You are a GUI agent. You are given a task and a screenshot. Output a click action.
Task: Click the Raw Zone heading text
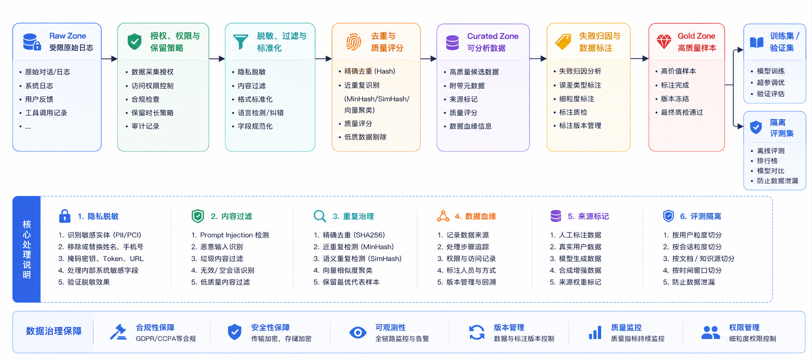click(x=67, y=36)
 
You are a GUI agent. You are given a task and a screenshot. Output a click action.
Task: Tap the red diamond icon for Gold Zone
click(x=664, y=42)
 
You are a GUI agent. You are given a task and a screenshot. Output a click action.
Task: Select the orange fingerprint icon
click(x=353, y=42)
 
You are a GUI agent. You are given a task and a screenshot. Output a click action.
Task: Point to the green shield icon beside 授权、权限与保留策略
click(x=134, y=42)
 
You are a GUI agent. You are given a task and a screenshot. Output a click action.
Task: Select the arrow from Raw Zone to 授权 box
click(x=109, y=59)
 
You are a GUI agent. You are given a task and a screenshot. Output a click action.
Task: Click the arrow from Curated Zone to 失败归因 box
click(x=538, y=59)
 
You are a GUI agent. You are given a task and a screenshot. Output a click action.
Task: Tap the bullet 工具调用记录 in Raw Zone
click(x=46, y=113)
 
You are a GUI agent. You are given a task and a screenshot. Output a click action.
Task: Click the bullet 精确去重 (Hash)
click(x=370, y=71)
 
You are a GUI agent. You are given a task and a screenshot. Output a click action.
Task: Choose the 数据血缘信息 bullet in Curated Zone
click(x=471, y=126)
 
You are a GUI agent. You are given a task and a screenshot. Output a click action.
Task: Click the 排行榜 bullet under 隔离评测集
click(x=767, y=161)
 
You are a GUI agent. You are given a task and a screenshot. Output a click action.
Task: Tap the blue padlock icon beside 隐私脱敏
click(x=65, y=216)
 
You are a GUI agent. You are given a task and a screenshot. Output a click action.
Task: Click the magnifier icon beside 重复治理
click(x=320, y=216)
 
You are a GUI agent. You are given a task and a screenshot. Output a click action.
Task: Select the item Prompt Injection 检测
click(x=234, y=235)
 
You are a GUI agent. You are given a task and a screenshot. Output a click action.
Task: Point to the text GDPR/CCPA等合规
click(x=166, y=338)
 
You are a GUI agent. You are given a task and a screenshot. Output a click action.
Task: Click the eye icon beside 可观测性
click(x=358, y=333)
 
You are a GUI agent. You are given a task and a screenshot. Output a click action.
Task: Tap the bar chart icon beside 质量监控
click(x=595, y=333)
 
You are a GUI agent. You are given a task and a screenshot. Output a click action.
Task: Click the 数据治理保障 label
click(x=54, y=331)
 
